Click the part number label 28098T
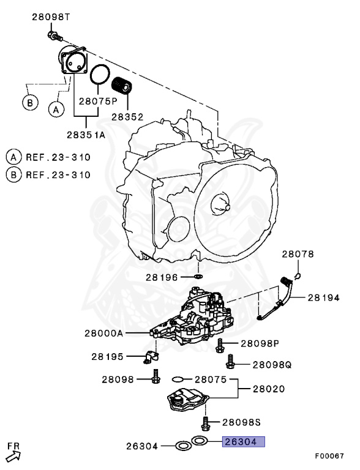point(51,18)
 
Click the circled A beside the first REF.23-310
point(13,157)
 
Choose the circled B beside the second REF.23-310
point(13,174)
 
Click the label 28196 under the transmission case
point(163,277)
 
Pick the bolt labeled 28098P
point(220,345)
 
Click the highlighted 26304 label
point(244,441)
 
